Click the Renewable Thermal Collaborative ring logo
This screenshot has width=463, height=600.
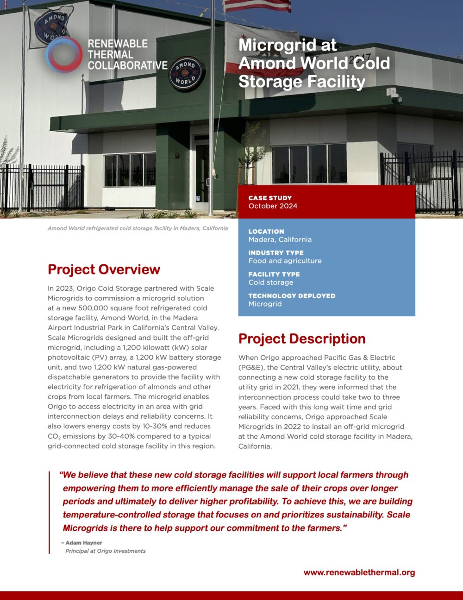point(64,54)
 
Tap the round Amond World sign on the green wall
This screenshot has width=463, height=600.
point(187,73)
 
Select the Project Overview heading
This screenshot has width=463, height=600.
point(104,269)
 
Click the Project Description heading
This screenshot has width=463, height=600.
point(301,339)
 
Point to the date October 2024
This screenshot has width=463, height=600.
point(273,206)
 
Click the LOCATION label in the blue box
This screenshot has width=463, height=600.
point(266,231)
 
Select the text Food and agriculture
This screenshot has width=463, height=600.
point(285,261)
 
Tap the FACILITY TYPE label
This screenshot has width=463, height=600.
point(274,274)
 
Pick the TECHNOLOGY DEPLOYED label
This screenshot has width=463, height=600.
point(292,295)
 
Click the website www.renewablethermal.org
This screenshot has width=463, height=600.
point(359,572)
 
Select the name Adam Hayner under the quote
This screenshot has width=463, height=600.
point(83,543)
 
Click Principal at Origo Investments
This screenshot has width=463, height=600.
point(105,551)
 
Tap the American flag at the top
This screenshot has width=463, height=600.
point(257,6)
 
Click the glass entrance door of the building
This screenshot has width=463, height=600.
point(202,174)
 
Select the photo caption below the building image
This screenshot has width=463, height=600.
point(138,228)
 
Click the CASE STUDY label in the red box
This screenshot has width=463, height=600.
point(270,198)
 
